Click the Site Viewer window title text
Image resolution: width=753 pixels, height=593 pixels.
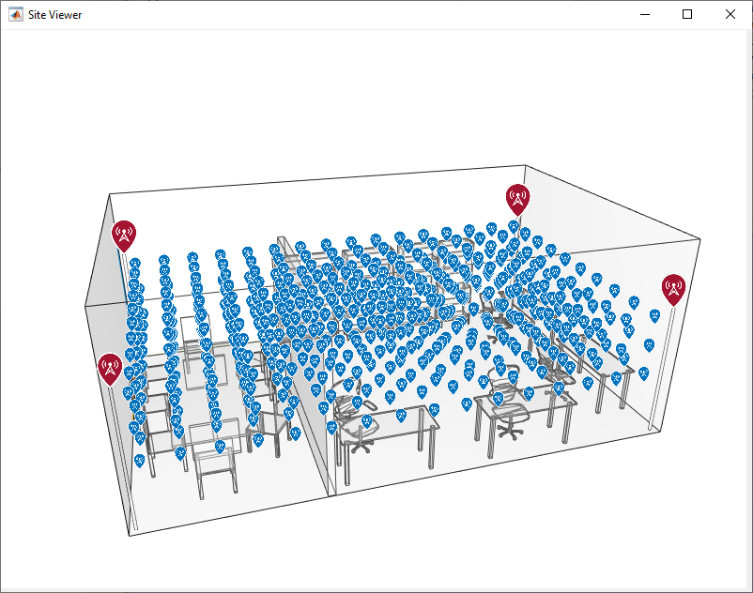54,15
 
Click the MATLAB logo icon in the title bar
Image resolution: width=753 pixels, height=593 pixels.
15,15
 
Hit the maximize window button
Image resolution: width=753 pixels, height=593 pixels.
687,14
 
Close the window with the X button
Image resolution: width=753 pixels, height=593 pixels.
730,14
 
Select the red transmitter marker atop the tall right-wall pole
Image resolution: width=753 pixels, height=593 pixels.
673,289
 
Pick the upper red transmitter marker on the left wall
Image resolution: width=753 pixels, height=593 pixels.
124,236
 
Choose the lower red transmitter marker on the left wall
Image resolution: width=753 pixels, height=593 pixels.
110,369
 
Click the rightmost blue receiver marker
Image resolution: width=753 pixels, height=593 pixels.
654,315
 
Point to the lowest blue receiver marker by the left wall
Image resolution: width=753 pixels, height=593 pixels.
139,461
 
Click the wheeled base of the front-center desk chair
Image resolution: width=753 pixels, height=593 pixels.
361,447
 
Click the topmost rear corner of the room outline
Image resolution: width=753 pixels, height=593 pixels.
525,165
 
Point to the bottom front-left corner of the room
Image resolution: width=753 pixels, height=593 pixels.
130,535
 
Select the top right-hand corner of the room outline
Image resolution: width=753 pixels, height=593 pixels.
699,239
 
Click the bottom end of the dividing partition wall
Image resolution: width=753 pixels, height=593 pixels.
330,495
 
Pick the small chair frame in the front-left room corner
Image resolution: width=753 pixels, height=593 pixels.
216,473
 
